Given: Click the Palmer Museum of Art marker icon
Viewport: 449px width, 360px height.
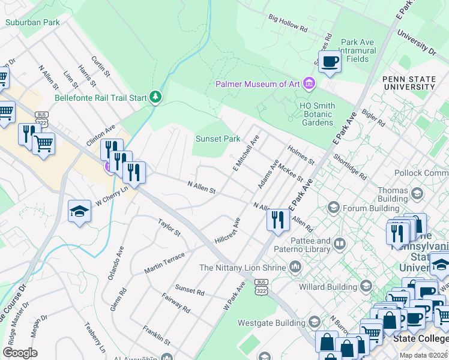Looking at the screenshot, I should click(309, 83).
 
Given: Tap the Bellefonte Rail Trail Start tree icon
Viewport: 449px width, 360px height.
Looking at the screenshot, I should click(156, 97).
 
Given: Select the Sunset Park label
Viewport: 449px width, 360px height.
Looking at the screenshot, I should click(218, 139).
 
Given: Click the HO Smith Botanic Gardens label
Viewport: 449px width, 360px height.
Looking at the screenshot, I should click(317, 114).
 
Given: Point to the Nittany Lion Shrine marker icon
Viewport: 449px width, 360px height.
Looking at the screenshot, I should click(295, 266).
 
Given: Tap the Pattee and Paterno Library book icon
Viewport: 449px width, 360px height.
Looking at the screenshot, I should click(340, 244).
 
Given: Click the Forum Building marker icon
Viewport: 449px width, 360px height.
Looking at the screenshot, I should click(333, 208).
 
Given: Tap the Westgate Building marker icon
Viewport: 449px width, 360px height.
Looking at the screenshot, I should click(313, 322).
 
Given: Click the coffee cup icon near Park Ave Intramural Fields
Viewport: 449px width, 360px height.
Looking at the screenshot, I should click(330, 61).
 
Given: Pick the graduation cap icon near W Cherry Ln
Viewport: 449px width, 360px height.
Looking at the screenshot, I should click(79, 212).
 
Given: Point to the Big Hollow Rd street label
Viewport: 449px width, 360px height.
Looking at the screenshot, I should click(288, 24).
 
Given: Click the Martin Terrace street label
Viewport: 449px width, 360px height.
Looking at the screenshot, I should click(164, 263).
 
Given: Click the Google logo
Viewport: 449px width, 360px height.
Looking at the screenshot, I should click(20, 353).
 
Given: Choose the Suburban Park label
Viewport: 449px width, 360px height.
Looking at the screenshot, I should click(32, 22).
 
